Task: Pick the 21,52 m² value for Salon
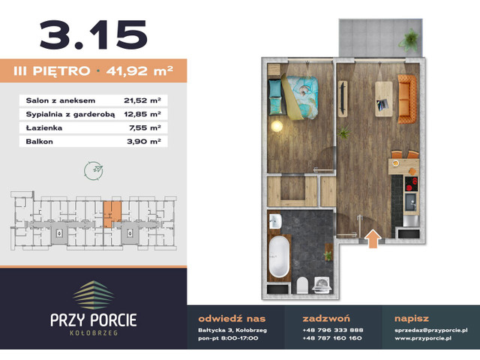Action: tap(142, 100)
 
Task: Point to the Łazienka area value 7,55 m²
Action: tap(143, 127)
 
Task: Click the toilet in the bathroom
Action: tap(300, 285)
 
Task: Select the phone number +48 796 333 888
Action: tap(332, 329)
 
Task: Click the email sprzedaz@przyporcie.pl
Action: tap(431, 329)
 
